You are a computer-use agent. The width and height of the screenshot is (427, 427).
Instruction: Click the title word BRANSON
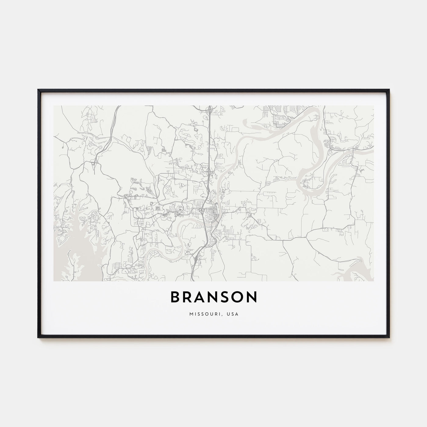213,297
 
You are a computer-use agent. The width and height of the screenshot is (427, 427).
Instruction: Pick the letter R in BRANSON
188,297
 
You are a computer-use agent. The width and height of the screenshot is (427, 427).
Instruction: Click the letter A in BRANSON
200,297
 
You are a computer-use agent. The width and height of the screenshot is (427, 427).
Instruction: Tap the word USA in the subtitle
234,314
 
